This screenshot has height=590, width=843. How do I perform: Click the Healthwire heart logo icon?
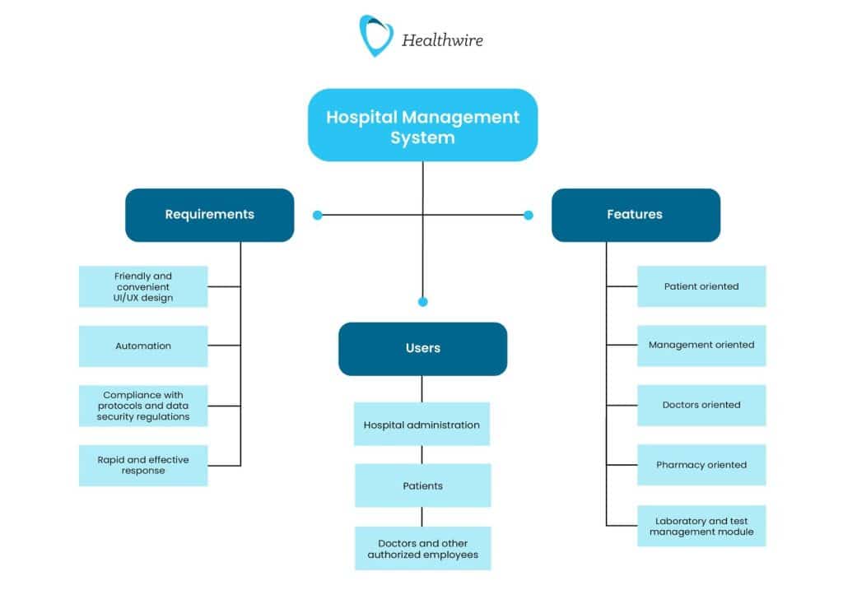[x=375, y=35]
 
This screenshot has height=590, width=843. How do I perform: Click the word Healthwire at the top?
[x=442, y=39]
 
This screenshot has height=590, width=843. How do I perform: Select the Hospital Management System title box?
[x=422, y=126]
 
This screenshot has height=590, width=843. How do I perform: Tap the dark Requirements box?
[x=209, y=215]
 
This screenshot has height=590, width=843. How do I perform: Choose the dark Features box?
[x=635, y=215]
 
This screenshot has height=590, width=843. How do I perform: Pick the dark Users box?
[x=422, y=349]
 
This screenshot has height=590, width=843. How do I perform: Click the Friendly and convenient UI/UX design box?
[x=143, y=286]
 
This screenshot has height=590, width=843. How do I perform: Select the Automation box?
[x=143, y=346]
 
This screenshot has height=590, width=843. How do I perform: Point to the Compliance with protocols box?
[x=143, y=406]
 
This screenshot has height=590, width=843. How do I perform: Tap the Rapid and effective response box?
[x=143, y=465]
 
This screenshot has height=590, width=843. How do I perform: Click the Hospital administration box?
[x=421, y=425]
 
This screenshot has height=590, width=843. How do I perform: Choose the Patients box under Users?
[x=422, y=485]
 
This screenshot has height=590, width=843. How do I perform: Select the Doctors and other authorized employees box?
[x=422, y=549]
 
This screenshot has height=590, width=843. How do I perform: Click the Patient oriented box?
[x=701, y=286]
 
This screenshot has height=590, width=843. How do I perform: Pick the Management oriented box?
[x=701, y=346]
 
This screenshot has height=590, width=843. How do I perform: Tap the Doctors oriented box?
[x=701, y=405]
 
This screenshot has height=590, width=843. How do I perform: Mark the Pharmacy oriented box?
[x=701, y=465]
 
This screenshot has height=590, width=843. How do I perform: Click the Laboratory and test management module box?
[x=701, y=527]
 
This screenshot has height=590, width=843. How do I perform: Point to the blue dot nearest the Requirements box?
[x=318, y=216]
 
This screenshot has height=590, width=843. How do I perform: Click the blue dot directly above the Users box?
[x=423, y=302]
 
